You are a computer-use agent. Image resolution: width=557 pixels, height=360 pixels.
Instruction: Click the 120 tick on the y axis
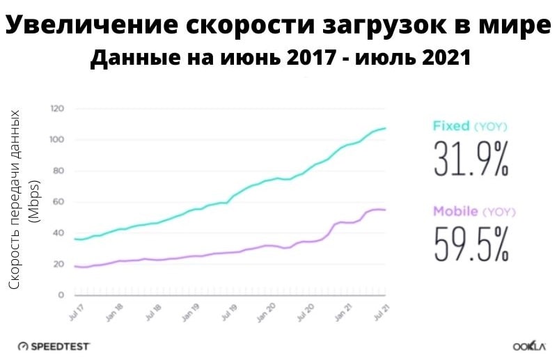pos(58,109)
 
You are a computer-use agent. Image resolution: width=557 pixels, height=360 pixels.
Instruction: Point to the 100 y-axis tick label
pos(58,140)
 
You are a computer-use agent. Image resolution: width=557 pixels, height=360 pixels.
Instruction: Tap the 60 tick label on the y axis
pos(59,203)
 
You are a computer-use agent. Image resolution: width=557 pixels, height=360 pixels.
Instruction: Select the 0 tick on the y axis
pos(61,295)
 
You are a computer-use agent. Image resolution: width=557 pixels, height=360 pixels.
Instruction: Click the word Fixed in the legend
pos(452,126)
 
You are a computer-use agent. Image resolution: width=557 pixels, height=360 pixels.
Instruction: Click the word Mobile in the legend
pos(456,211)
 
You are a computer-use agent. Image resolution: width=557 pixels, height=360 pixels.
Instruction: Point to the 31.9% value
pos(471,159)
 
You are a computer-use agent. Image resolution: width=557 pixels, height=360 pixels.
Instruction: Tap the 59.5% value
pos(471,244)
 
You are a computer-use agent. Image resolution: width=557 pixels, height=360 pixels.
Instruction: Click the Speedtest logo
pos(54,346)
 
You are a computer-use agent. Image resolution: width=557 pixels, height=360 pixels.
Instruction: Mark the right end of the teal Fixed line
pos(386,128)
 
